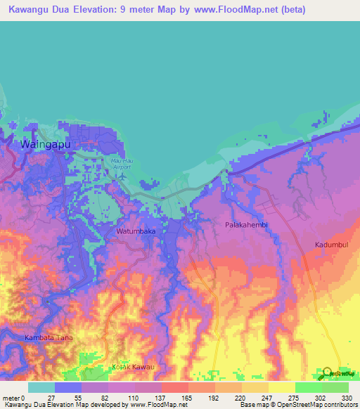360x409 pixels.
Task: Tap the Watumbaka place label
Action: (136, 231)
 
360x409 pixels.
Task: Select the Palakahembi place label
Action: (246, 225)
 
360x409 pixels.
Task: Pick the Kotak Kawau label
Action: (133, 367)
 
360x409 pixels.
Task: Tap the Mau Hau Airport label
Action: (122, 163)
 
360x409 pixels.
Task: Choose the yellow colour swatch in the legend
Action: (281, 387)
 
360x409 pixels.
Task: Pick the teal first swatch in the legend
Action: (41, 387)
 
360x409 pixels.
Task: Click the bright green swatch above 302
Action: (308, 387)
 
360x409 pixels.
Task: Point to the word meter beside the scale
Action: (12, 397)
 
